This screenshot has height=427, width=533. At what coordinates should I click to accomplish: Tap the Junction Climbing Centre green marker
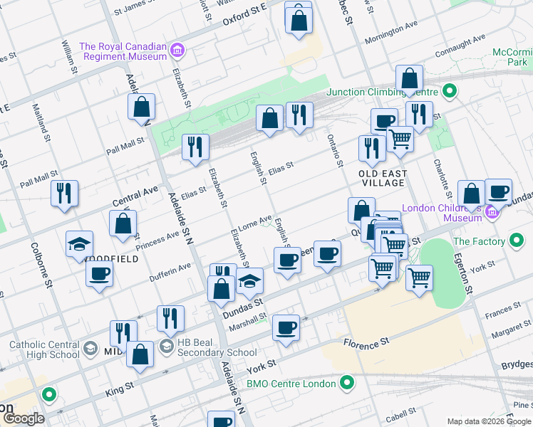(x=449, y=91)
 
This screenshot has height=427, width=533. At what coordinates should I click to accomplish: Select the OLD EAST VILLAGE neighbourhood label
(x=383, y=178)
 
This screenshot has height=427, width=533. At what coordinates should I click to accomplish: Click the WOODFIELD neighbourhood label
(x=111, y=260)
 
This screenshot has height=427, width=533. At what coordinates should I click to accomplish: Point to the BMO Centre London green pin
(x=347, y=384)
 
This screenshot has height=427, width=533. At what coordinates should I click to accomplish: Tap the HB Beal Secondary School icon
(x=166, y=347)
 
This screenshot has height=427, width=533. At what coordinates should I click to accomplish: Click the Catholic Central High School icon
(x=90, y=348)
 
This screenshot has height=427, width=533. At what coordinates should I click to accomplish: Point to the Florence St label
(x=366, y=342)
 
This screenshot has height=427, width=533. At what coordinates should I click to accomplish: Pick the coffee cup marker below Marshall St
(x=286, y=328)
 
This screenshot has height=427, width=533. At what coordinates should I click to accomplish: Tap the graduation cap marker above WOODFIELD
(x=80, y=244)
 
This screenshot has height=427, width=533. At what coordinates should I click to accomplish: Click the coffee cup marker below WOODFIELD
(x=99, y=274)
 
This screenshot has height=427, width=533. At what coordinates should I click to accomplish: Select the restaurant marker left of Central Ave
(x=65, y=194)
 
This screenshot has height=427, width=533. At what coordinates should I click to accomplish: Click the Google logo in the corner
(x=24, y=418)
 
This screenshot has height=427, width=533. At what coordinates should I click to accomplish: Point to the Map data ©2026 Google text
(x=488, y=421)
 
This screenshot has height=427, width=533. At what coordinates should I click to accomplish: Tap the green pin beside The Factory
(x=516, y=241)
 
